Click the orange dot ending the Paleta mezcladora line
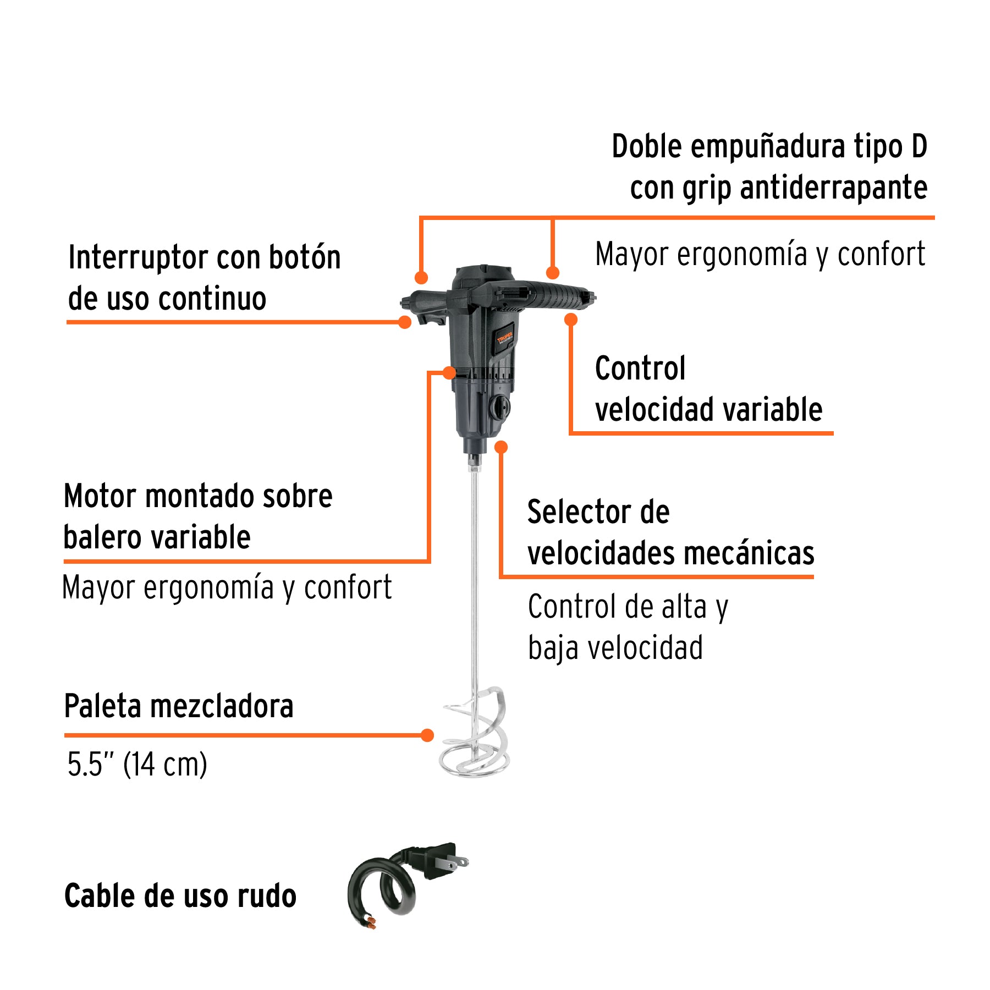click(x=427, y=735)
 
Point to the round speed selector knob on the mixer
click(x=499, y=408)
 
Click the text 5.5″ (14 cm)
click(x=137, y=765)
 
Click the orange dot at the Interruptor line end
click(x=405, y=322)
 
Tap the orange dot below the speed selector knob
click(x=501, y=447)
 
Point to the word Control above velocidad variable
click(x=640, y=369)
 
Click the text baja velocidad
click(x=615, y=648)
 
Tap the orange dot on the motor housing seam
click(x=449, y=373)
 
